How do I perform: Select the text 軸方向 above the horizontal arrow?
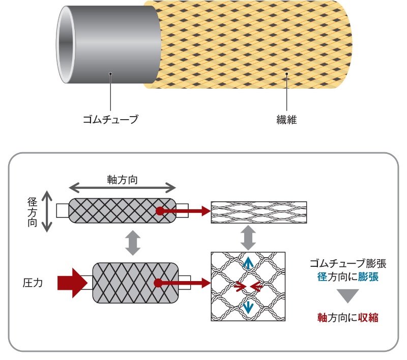pyautogui.click(x=123, y=180)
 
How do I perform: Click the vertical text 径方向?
pyautogui.click(x=32, y=212)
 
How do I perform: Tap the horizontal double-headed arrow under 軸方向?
pyautogui.click(x=123, y=188)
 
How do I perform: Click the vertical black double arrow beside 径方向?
pyautogui.click(x=47, y=211)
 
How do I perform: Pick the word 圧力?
pyautogui.click(x=32, y=281)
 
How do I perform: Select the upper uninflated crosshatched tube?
pyautogui.click(x=122, y=210)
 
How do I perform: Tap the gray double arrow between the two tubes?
pyautogui.click(x=133, y=243)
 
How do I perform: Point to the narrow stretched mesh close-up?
pyautogui.click(x=258, y=210)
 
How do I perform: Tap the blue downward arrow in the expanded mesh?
pyautogui.click(x=248, y=307)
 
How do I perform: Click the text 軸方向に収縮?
pyautogui.click(x=347, y=318)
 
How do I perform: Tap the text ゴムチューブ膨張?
pyautogui.click(x=347, y=263)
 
